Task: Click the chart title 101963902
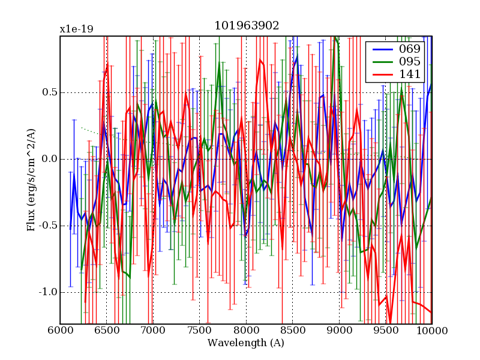(246, 26)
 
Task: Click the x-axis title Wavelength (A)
(245, 343)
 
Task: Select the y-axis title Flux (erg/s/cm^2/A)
(31, 180)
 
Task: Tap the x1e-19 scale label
(76, 29)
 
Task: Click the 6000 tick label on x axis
(60, 331)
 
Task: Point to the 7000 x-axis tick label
(153, 331)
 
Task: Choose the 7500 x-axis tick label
(199, 331)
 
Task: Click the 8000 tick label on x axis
(246, 331)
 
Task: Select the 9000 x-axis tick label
(339, 331)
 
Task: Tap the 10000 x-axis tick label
(431, 331)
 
